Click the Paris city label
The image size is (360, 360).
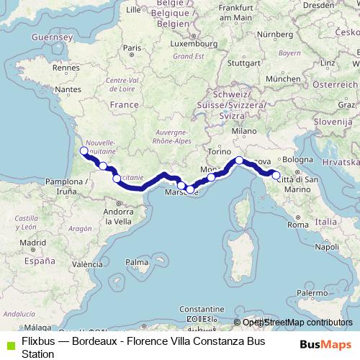tap(130, 49)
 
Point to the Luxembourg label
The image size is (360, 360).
tap(189, 43)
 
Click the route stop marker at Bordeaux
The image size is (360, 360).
tap(84, 151)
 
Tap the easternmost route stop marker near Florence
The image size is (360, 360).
tap(276, 175)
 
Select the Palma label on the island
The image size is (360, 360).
tap(135, 261)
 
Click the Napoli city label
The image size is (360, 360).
tap(326, 246)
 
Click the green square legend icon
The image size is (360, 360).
tap(9, 341)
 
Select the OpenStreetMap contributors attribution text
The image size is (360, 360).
tap(297, 323)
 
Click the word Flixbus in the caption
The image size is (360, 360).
tap(39, 340)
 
